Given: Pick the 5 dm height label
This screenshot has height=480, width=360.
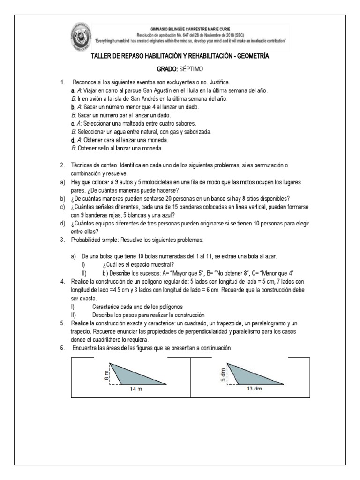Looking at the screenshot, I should coord(223,374).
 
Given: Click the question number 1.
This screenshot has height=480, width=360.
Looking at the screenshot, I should coord(62,82).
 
